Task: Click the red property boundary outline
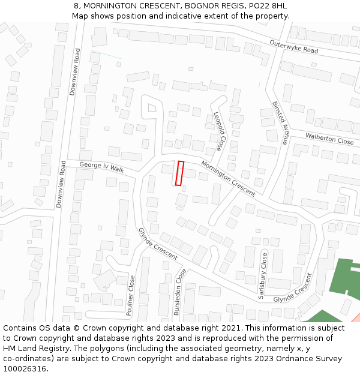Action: point(179,173)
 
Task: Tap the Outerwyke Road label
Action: point(293,47)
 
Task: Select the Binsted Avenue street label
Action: point(280,123)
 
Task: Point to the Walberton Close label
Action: point(329,139)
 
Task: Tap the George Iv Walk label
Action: point(101,167)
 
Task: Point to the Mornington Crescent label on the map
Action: point(228,178)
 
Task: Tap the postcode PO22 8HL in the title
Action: point(270,6)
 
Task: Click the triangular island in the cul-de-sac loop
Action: point(152,108)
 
